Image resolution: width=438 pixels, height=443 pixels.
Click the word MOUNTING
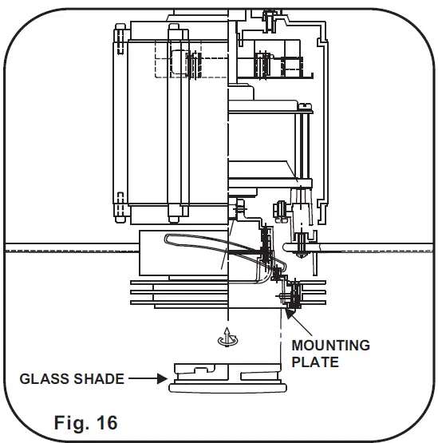click(x=330, y=346)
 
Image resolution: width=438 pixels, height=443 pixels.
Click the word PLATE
click(x=315, y=362)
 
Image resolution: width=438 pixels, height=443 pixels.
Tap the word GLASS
click(x=45, y=379)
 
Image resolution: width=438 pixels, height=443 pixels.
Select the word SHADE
click(x=99, y=379)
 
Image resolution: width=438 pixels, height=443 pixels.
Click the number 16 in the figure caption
click(x=107, y=423)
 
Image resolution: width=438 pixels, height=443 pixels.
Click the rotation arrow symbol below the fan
click(x=227, y=337)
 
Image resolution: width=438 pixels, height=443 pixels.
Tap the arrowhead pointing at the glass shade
click(x=162, y=378)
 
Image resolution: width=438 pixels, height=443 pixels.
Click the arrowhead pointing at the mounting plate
click(x=290, y=314)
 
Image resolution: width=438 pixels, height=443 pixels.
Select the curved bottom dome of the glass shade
click(x=227, y=388)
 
